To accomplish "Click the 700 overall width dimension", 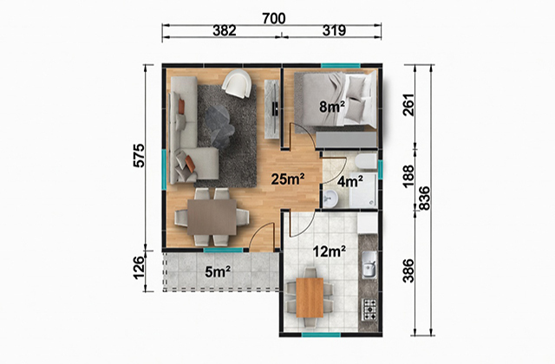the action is coord(274,18).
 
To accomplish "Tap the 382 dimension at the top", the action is coord(225,31).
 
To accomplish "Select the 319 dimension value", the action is coord(334,31).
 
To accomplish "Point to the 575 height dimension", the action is coord(139,155).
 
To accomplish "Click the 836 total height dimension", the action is coord(423,198).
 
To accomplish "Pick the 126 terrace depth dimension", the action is coord(140,268).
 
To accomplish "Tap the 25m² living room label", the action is coord(288,179).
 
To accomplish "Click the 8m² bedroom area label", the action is coord(331,106).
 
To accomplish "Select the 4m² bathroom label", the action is coord(349,181).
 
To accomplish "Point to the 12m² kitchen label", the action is coord(330,251).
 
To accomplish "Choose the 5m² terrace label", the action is coord(218,271).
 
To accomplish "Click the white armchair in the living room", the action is coord(237,84).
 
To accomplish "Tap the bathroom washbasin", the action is coord(330,198).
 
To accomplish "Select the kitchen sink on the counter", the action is coord(369,264).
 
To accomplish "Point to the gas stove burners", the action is coord(369,310).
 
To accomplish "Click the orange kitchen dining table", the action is coord(310,298).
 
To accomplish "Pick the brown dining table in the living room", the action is coord(212,218).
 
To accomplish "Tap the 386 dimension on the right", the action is coord(408,270).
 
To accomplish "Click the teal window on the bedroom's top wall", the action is coord(341,65).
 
